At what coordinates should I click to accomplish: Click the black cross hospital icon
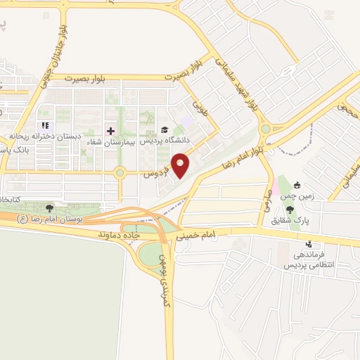click(110, 130)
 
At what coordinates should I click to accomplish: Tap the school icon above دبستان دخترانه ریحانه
click(44, 126)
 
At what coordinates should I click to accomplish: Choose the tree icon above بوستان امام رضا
click(49, 208)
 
